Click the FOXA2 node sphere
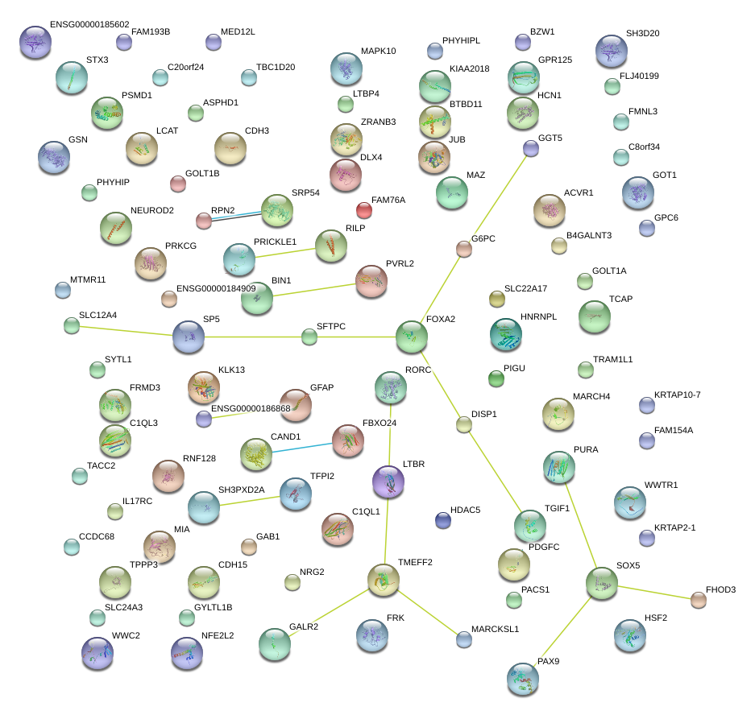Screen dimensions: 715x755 [411, 337]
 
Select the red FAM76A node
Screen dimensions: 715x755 [364, 211]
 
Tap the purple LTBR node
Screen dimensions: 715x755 [388, 481]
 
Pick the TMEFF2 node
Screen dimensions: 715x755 [383, 579]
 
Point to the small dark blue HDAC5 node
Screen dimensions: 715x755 [442, 520]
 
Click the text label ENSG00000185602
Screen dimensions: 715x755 [89, 25]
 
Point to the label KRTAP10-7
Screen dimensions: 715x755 [678, 395]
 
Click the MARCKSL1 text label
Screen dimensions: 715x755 [496, 629]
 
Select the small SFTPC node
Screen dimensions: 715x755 [309, 337]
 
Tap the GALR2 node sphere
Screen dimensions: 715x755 [274, 643]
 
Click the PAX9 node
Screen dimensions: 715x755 [522, 679]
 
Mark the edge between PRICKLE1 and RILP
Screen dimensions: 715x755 [284, 253]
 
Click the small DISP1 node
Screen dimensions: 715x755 [463, 425]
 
